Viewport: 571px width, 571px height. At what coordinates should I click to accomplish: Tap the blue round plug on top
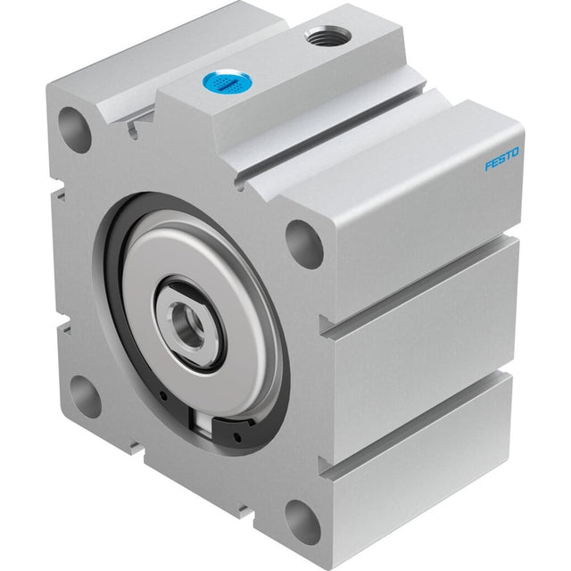[226, 82]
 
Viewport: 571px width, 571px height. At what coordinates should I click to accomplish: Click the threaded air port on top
[328, 36]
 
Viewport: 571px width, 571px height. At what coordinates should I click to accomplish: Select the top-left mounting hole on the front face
[74, 129]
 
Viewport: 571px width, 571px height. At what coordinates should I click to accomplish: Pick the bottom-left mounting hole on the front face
[84, 397]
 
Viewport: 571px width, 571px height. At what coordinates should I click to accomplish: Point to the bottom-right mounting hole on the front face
[302, 521]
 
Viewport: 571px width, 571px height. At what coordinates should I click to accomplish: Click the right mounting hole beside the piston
[304, 244]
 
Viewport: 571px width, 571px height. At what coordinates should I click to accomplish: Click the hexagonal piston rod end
[186, 323]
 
